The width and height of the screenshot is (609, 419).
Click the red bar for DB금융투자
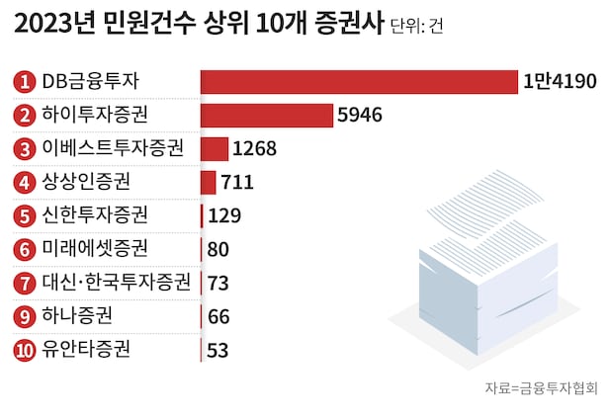click(x=359, y=81)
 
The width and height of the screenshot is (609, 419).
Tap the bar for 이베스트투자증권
click(x=214, y=148)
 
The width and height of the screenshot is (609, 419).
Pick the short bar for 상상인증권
click(x=208, y=182)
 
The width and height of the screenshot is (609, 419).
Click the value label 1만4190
click(x=560, y=81)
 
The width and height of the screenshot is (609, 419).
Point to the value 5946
click(x=360, y=115)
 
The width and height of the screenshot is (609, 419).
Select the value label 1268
click(x=254, y=148)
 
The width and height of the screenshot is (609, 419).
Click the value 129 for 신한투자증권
click(x=225, y=215)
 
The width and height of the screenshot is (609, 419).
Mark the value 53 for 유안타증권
click(x=219, y=350)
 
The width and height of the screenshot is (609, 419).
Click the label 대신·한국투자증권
click(x=117, y=282)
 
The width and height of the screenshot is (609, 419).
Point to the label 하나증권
click(x=77, y=315)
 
